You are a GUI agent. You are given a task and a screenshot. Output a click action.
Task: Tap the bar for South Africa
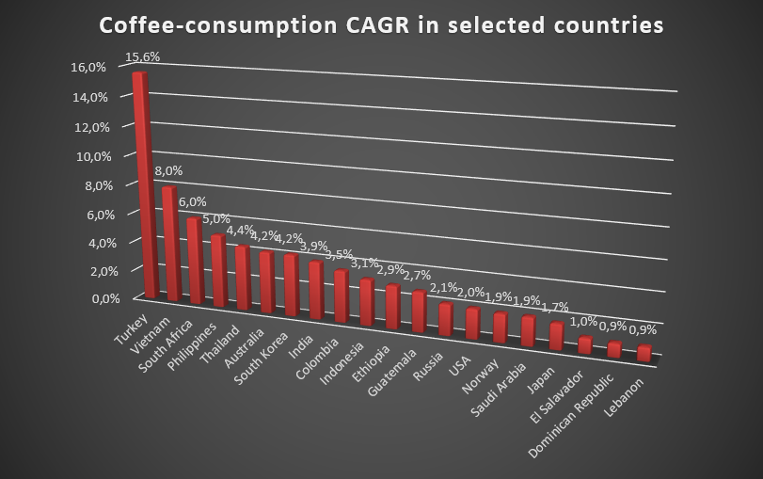pyautogui.click(x=195, y=262)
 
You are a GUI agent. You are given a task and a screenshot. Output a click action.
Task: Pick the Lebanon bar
pyautogui.click(x=644, y=353)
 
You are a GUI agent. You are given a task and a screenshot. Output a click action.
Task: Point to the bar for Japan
pyautogui.click(x=557, y=336)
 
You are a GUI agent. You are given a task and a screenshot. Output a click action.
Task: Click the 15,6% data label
pyautogui.click(x=142, y=57)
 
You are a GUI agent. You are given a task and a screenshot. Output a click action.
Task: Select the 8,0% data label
pyautogui.click(x=168, y=171)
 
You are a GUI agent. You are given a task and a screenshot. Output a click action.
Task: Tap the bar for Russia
pyautogui.click(x=446, y=320)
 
